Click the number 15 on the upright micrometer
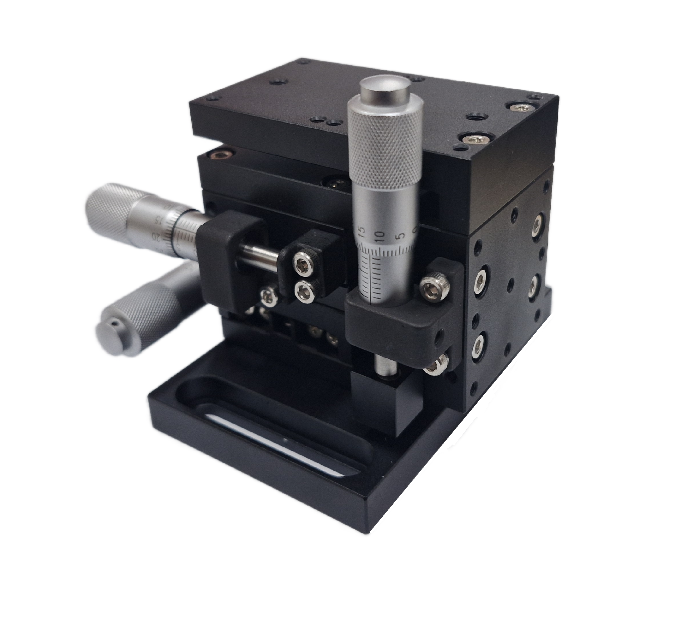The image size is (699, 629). tap(362, 231)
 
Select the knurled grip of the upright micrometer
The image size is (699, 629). tap(385, 148)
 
